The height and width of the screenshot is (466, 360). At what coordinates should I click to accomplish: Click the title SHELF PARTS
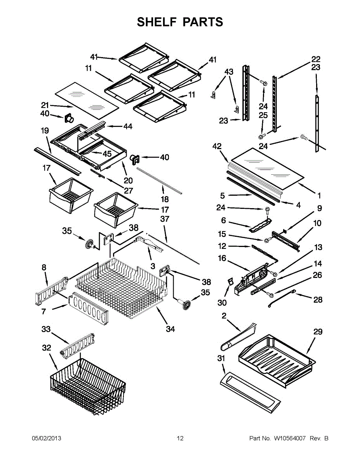180,22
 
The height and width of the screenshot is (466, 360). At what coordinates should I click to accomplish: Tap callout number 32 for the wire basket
47,348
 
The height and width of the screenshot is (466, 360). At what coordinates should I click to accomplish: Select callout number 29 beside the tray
318,332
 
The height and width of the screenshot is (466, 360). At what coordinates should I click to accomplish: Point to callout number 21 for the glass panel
45,105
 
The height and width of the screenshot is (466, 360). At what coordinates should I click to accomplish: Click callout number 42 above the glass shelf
217,146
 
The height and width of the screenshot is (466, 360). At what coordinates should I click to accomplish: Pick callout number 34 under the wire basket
170,329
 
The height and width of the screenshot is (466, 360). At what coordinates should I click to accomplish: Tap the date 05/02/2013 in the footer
46,438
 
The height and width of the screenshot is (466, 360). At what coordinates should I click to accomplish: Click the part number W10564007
290,438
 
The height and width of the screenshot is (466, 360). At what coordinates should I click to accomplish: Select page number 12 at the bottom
180,438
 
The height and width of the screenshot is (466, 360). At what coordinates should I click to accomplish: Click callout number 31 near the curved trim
221,358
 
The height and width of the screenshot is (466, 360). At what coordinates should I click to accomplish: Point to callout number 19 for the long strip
45,131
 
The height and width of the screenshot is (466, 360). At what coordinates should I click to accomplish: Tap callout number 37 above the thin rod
165,219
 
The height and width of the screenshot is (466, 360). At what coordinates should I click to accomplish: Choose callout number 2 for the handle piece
224,316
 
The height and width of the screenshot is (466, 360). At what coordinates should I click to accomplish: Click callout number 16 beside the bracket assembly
222,258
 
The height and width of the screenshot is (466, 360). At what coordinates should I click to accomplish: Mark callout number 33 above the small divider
46,329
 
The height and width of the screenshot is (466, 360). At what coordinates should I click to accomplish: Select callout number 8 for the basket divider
44,267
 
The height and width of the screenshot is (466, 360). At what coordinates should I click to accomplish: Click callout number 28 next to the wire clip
318,299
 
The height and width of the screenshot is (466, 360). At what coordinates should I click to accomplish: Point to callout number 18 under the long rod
165,199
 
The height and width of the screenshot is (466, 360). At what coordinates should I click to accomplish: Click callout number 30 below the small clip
222,303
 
